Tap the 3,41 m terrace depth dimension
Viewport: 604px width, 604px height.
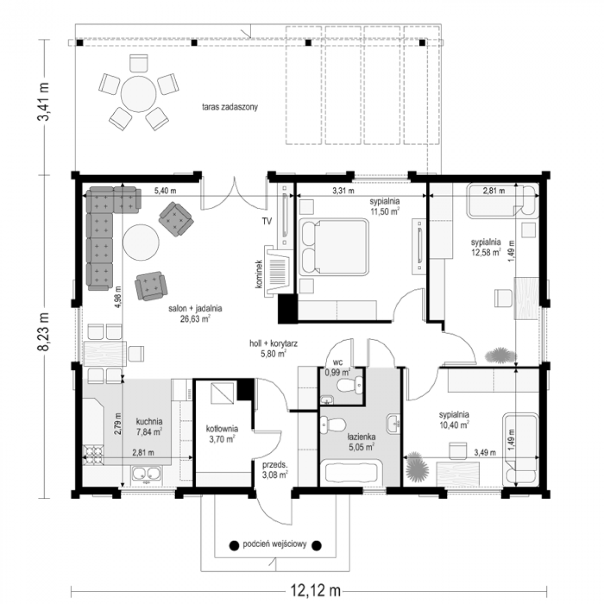[44, 102]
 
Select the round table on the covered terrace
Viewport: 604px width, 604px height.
[138, 94]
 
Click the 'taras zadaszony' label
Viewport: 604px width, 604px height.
[230, 107]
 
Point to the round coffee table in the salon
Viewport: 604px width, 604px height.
[141, 242]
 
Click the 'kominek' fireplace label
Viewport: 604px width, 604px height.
[259, 274]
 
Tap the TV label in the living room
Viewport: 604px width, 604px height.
[267, 221]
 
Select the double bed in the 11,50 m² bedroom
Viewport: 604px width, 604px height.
[334, 248]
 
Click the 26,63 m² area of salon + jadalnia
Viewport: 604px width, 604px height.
[195, 319]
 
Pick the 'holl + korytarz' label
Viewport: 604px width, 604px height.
[274, 343]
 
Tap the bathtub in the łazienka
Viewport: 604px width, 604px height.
[351, 473]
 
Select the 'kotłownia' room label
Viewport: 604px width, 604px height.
[222, 428]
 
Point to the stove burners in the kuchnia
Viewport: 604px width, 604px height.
[93, 455]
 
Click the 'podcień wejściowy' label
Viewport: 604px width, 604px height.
[274, 544]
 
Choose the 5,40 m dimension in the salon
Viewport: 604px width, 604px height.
[165, 191]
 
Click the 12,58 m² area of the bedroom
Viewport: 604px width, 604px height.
[486, 252]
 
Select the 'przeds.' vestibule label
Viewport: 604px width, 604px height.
[275, 464]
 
